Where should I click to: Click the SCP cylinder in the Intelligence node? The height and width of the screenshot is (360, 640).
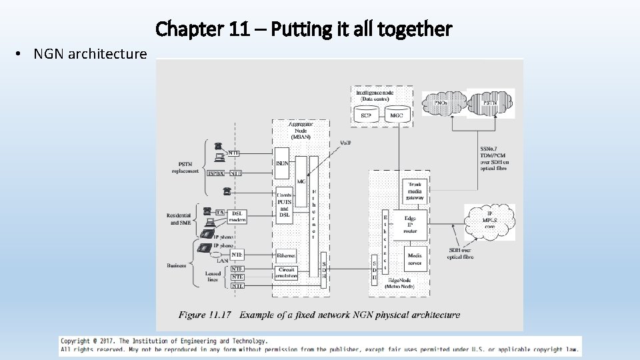(x=366, y=115)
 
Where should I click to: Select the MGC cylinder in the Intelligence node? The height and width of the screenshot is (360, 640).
(x=397, y=115)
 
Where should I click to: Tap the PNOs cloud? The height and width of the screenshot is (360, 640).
(x=441, y=103)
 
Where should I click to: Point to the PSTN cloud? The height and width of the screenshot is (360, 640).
(x=489, y=103)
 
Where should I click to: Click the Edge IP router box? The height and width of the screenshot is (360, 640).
(x=411, y=224)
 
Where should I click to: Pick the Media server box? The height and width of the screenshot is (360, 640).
(x=415, y=258)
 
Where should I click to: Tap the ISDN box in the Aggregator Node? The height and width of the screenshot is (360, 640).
(x=282, y=163)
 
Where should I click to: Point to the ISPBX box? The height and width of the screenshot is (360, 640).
(x=215, y=173)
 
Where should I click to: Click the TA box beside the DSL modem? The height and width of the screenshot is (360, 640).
(x=219, y=212)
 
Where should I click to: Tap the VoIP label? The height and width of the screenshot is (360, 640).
(x=346, y=143)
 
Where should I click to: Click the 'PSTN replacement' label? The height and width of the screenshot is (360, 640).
(x=185, y=167)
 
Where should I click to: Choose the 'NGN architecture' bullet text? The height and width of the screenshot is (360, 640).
(x=90, y=53)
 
